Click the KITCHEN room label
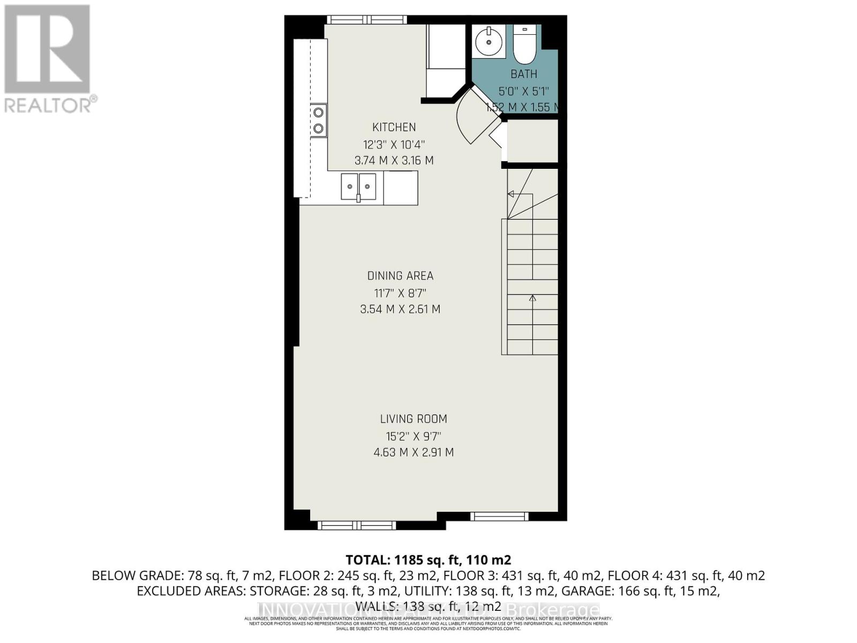click(394, 127)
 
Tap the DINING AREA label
click(400, 275)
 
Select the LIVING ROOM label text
click(414, 419)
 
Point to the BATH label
click(524, 74)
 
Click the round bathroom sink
click(489, 41)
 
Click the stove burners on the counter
click(319, 120)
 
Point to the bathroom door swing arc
click(466, 121)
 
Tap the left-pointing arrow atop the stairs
click(512, 194)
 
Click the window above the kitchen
click(367, 20)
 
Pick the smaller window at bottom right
click(499, 517)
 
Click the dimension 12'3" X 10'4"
click(394, 144)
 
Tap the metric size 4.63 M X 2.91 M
click(414, 452)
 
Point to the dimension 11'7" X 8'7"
click(400, 293)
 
